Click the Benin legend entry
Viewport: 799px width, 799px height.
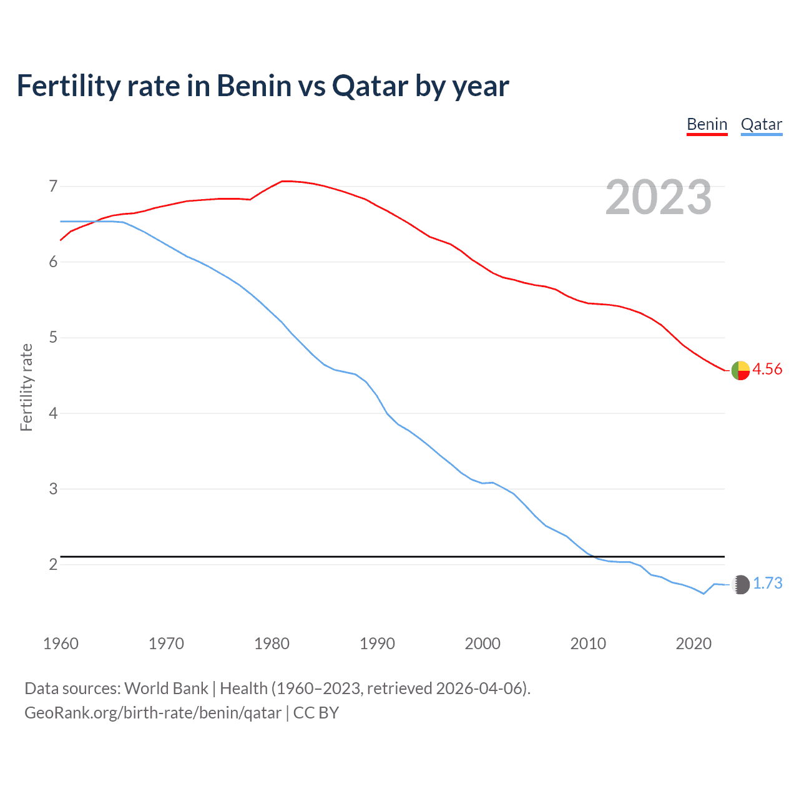point(707,124)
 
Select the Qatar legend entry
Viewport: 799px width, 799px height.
point(761,124)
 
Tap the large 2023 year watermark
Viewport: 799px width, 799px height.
point(659,197)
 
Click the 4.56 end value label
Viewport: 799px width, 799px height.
point(767,370)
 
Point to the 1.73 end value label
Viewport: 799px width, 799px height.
point(767,584)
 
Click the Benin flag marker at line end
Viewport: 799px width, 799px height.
point(740,370)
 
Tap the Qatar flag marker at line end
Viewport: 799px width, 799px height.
point(740,584)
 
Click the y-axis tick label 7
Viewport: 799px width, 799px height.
point(53,186)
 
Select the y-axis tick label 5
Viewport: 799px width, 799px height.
point(53,338)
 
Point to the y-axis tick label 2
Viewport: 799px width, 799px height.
point(53,565)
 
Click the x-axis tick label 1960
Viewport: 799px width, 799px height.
point(61,644)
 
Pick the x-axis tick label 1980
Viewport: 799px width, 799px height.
point(272,644)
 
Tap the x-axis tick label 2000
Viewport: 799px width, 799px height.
point(483,644)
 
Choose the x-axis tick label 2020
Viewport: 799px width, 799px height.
point(694,644)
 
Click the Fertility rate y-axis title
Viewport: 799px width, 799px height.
point(26,387)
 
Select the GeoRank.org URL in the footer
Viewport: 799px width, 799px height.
point(153,713)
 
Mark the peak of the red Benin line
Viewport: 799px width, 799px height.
point(284,181)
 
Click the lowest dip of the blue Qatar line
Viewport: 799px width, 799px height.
point(703,594)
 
